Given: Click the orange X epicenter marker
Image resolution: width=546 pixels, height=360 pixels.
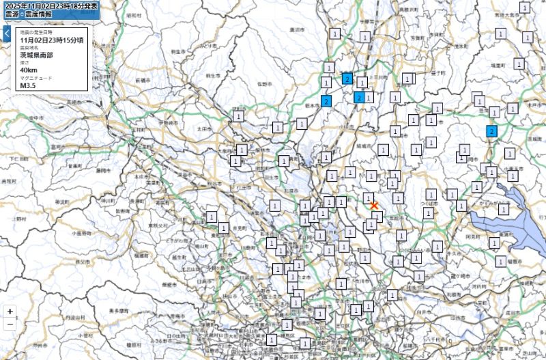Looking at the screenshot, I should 374,205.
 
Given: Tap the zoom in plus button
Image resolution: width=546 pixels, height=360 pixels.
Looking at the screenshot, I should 10,311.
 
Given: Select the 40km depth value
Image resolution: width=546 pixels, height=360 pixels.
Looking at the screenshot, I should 29,70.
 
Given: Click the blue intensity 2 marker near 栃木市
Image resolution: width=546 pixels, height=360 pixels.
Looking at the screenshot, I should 326,101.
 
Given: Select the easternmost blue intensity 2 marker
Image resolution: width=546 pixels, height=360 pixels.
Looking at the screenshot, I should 491,131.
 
